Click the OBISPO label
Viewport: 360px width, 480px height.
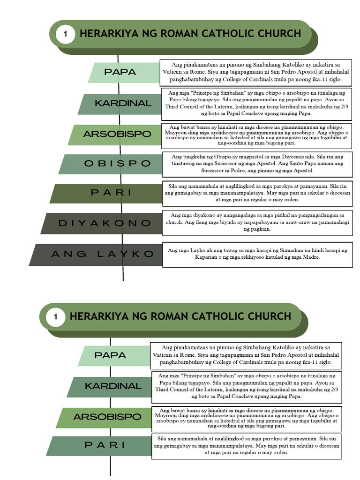[x=111, y=164]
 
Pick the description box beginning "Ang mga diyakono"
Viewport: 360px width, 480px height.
[x=257, y=222]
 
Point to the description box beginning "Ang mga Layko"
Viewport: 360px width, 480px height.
[x=257, y=254]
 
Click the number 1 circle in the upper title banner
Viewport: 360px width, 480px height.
[x=66, y=34]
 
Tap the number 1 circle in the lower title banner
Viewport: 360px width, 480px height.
[x=55, y=316]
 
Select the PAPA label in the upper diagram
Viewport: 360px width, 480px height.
[x=120, y=72]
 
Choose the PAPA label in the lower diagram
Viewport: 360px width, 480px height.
[x=110, y=355]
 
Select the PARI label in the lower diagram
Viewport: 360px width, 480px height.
[x=105, y=445]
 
